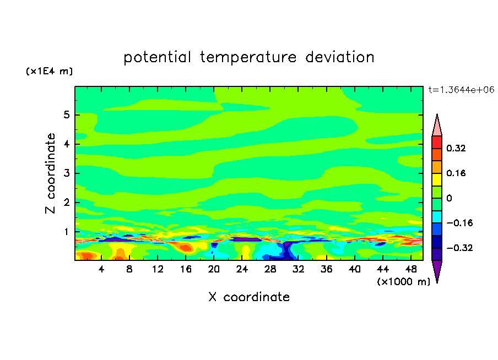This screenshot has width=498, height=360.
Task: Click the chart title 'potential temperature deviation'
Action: coord(248,57)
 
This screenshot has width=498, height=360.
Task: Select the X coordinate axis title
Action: coord(249,297)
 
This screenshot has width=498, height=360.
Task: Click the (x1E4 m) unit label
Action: coord(49,72)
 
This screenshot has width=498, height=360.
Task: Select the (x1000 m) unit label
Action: coord(403,282)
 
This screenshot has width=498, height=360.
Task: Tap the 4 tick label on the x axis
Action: coord(101,270)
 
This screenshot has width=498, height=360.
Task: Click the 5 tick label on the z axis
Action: coord(66,115)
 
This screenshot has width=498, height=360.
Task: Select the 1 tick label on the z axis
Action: coord(66,232)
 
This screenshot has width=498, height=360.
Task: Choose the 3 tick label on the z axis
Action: coord(66,173)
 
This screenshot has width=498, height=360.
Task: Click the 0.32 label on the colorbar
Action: coord(457,148)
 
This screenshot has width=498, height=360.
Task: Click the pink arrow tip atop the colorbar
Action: coord(437,126)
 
